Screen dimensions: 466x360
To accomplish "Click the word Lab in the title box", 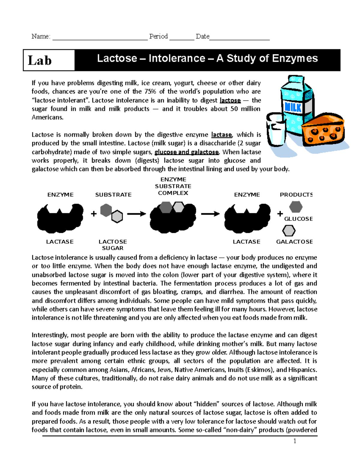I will point(40,61).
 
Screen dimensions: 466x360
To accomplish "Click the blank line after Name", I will point(100,39).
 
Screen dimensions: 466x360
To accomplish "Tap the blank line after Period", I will point(182,39).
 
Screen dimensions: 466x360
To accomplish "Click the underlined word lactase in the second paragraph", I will point(221,135).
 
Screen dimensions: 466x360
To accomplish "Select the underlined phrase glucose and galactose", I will point(187,152).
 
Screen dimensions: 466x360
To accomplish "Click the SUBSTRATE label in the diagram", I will point(113,195).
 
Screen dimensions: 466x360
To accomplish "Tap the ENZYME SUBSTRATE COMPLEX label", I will point(173,186).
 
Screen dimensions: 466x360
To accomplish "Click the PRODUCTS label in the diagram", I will point(296,195).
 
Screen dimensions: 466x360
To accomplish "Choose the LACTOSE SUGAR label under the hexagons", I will point(113,245).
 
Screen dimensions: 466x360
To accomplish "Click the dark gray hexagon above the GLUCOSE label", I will point(296,207).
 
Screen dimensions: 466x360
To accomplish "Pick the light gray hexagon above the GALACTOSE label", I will point(289,231).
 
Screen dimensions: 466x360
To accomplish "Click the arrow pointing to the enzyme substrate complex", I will point(136,214).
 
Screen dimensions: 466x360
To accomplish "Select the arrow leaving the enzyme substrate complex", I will point(210,214).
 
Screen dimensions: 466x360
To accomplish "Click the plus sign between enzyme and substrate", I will point(94,214).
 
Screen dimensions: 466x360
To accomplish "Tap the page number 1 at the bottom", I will point(295,441).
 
